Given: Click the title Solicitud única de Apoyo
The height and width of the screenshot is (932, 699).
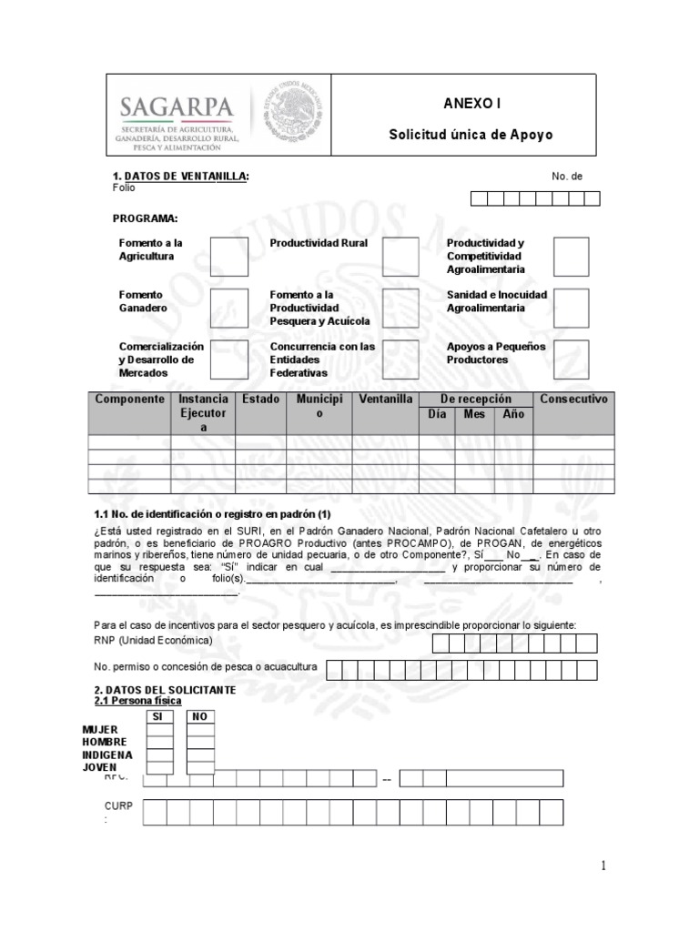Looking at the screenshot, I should coord(471,135).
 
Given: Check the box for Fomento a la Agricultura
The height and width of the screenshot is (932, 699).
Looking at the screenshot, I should coord(228,257).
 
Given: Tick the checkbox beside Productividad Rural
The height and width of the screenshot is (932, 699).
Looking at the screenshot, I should coord(400,257).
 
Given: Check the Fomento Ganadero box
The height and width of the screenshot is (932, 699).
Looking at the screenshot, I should coord(228,308).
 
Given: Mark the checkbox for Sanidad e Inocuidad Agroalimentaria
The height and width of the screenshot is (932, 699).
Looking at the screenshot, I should coord(571,308).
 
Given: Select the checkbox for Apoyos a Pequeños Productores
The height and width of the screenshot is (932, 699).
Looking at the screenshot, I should coord(571,360).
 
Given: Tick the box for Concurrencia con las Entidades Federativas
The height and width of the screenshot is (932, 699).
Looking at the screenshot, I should coord(400,360).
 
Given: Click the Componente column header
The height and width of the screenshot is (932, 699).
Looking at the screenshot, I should coord(129,400).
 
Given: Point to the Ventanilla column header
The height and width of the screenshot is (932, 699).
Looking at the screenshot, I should coord(386,400).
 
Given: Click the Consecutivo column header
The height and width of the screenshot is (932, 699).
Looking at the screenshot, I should coord(573,400).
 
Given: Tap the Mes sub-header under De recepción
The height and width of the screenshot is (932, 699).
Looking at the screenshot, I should coord(475,414).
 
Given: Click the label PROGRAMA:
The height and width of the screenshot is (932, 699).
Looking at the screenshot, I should coord(145,218).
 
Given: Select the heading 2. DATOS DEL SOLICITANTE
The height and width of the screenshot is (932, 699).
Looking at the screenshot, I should coord(165,690).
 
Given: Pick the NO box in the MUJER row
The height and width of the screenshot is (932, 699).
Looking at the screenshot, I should coord(200,730).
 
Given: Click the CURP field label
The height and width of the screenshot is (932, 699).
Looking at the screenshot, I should coord(118,806).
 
